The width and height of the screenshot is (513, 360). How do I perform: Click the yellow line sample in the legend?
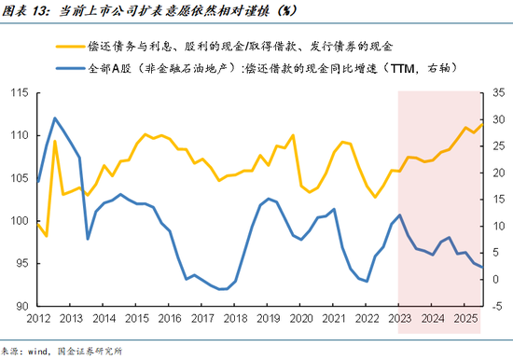point(70,45)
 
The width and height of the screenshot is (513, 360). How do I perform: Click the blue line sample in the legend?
point(70,68)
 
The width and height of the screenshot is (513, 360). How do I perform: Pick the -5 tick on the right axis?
point(493,306)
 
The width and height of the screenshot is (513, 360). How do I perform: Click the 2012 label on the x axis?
point(38,319)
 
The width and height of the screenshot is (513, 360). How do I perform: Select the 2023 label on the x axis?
point(398,319)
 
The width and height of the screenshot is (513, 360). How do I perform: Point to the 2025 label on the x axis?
point(464,319)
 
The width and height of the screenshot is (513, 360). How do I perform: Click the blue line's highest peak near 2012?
point(55,118)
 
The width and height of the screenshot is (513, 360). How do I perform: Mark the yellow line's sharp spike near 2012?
point(55,141)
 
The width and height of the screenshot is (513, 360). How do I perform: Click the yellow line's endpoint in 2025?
point(482,124)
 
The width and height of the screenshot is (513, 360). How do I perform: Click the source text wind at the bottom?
point(37,351)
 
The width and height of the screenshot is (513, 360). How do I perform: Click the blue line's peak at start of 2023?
point(399,215)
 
